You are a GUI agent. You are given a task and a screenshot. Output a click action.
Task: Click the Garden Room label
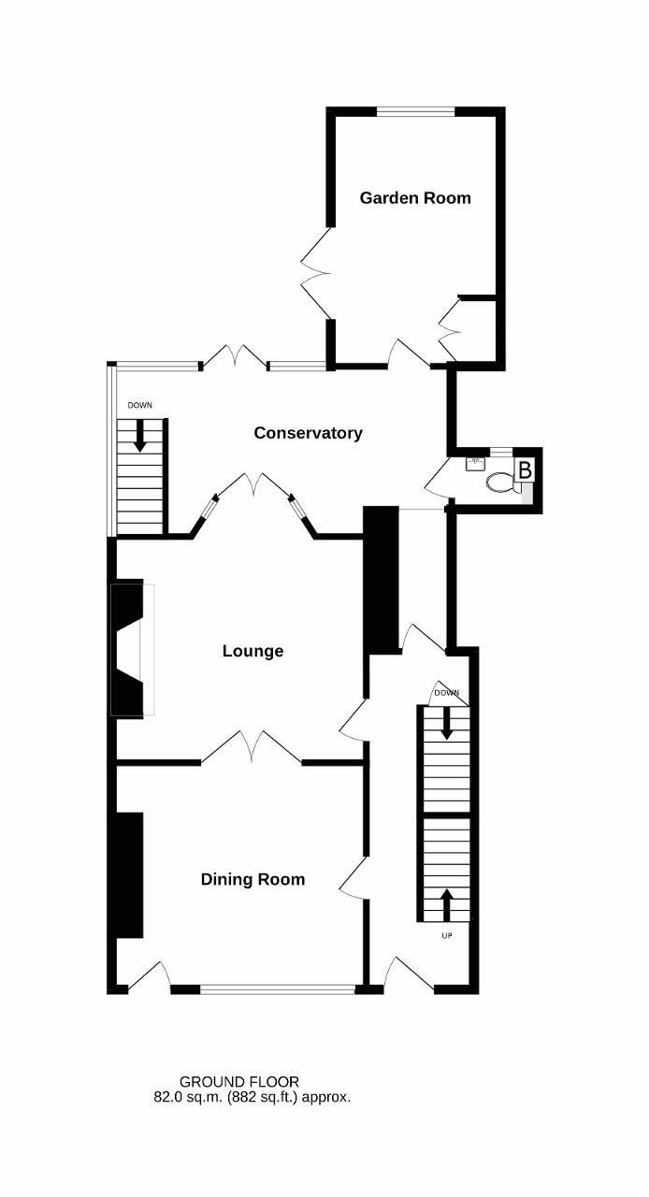coord(415,197)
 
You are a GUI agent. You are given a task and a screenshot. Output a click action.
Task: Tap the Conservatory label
coord(308,433)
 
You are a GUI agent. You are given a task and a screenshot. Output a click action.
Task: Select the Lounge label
coord(252,651)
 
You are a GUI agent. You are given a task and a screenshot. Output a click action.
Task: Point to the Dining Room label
coord(252,879)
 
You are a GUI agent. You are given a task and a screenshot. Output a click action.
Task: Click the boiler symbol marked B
coord(525,470)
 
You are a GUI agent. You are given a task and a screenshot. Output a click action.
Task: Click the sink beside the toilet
coord(475,463)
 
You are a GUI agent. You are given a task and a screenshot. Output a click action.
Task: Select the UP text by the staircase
coord(447,936)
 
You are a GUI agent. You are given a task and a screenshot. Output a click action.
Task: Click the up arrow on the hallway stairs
coord(447,903)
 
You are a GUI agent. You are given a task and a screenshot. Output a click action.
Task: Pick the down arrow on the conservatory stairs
coord(140,436)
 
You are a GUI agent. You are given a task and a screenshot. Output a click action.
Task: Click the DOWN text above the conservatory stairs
coord(140,406)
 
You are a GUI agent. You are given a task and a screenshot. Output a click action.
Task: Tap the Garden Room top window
coord(416,111)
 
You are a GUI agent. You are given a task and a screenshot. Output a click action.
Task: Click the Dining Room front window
coord(278,989)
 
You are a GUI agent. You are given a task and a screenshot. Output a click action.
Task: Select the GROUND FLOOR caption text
coord(239,1082)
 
